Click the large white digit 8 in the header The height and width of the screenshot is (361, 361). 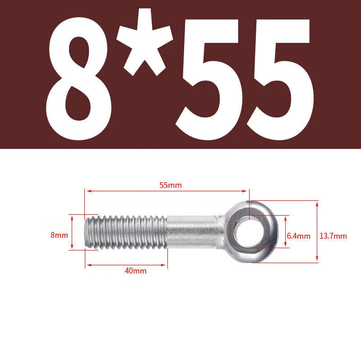pyautogui.click(x=79, y=79)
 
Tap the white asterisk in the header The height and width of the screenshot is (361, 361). pyautogui.click(x=144, y=42)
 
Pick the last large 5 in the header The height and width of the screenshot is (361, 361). pyautogui.click(x=280, y=79)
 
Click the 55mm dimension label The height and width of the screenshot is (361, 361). pyautogui.click(x=171, y=185)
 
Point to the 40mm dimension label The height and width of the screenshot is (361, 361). pyautogui.click(x=136, y=271)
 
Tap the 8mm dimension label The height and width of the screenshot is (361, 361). pyautogui.click(x=60, y=235)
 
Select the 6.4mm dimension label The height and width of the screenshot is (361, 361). pyautogui.click(x=299, y=236)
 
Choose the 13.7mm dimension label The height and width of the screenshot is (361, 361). pyautogui.click(x=333, y=236)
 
